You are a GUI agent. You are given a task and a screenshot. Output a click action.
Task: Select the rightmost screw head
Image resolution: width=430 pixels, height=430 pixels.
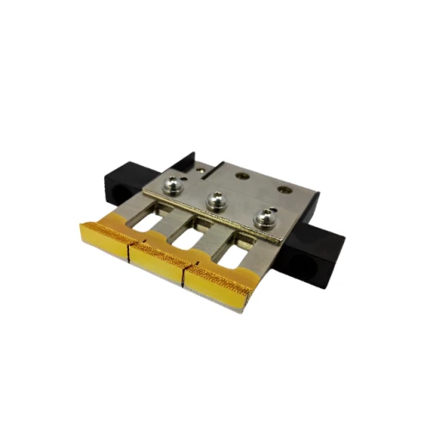(x=262, y=218)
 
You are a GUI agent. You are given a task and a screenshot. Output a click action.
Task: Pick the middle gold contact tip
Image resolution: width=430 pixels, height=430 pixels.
(x=157, y=255)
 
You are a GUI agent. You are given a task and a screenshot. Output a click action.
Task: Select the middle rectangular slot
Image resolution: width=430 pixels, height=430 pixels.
(x=195, y=234)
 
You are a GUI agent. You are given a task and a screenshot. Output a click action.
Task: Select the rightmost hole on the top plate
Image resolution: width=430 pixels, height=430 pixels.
(x=284, y=185)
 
